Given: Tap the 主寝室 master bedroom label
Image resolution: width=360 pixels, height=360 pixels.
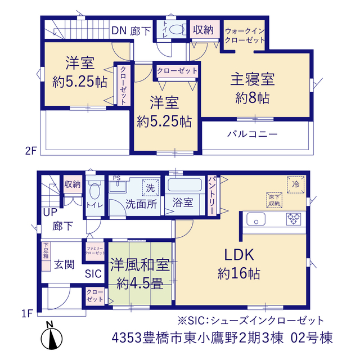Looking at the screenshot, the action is tap(253, 79).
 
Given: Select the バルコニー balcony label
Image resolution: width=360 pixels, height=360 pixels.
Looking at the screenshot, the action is tap(253, 134).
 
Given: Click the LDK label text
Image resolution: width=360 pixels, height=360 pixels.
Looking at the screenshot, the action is tap(239, 255).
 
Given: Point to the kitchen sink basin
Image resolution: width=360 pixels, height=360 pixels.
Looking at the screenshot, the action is tap(256, 219).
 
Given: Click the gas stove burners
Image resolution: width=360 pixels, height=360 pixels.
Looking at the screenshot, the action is tap(294, 219).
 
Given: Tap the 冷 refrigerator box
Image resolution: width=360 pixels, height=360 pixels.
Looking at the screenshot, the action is tap(295, 184).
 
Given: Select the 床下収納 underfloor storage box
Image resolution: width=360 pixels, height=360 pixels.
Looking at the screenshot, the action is tap(274, 200).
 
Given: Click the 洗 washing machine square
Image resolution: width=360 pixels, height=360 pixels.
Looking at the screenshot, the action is tap(150, 188).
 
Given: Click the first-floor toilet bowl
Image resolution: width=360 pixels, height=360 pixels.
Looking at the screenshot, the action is tap(94, 191).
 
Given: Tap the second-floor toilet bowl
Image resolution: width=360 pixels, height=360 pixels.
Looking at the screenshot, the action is tap(176, 30).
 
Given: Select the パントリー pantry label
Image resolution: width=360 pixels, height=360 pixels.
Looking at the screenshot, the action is tap(211, 196).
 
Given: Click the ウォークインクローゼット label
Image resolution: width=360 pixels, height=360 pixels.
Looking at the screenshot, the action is tap(245, 35).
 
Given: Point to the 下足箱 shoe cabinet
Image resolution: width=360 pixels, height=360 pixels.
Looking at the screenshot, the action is tap(46, 256).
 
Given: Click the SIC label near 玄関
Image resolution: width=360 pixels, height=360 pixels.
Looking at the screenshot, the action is tap(93, 273).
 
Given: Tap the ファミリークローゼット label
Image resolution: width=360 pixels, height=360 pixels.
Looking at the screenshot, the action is tap(95, 251).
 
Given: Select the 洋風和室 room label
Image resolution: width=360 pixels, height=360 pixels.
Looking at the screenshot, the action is tap(140, 265).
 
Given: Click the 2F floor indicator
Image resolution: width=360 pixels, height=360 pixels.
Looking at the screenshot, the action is tap(31, 151).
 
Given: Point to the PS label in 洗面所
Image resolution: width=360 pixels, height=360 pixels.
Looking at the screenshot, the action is tap(116, 178).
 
